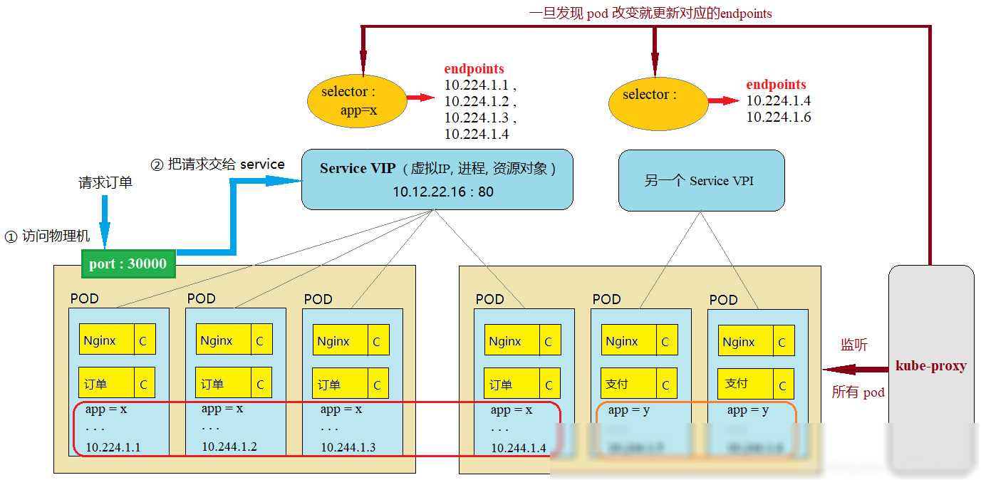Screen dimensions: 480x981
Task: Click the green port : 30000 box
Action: pos(128,264)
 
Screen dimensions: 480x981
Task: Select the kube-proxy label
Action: pos(930,366)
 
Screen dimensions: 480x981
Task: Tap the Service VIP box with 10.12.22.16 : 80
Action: pos(437,179)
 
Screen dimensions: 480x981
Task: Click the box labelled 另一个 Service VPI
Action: pos(701,180)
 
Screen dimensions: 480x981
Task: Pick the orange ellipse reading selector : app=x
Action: pos(355,101)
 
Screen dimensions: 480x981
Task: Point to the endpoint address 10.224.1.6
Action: pos(779,118)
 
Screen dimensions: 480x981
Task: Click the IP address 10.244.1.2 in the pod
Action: pos(229,447)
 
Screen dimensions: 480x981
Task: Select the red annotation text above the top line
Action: pos(650,13)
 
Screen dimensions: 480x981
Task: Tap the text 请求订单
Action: pos(105,183)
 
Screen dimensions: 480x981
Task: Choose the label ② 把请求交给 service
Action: pos(218,165)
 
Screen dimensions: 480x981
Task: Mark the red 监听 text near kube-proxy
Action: pos(853,345)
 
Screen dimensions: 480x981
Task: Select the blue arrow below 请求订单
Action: pos(105,219)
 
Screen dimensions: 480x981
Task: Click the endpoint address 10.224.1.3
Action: pos(477,118)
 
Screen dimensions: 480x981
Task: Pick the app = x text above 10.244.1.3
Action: pos(341,409)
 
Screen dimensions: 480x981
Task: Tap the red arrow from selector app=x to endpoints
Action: pos(421,98)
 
